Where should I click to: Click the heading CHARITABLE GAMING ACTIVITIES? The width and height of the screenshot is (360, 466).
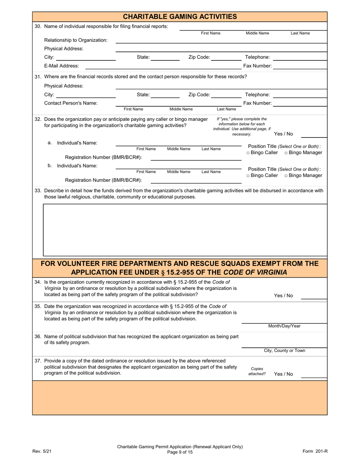[180, 16]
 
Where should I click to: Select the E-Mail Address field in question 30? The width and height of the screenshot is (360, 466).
[163, 66]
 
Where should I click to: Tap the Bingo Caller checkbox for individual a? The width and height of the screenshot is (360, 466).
[248, 153]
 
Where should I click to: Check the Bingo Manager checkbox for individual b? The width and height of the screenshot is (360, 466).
[286, 176]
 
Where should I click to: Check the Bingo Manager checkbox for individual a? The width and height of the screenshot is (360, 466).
[286, 153]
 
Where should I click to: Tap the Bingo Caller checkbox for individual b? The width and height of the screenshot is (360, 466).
[248, 176]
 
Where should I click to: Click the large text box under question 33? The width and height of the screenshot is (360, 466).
[185, 230]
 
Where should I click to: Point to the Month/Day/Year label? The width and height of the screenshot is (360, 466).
[284, 326]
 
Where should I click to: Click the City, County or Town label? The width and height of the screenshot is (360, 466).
[284, 351]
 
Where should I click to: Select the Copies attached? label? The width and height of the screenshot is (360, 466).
[257, 371]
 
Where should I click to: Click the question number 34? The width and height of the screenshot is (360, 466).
[38, 282]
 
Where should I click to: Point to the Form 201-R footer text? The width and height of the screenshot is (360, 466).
[315, 451]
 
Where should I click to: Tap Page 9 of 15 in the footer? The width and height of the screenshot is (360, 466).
[180, 452]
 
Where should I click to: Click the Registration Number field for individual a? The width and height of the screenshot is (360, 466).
[196, 157]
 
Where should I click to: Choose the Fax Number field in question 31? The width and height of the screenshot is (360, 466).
[299, 103]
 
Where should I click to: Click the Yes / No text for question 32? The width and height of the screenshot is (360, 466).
[283, 134]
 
